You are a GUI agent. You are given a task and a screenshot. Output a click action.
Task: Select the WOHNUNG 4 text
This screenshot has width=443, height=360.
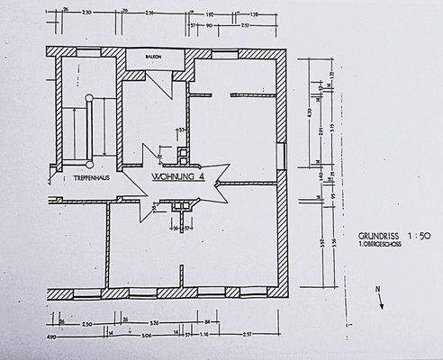[x=179, y=177]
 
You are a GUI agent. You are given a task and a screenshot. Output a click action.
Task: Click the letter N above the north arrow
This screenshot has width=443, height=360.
[x=378, y=287]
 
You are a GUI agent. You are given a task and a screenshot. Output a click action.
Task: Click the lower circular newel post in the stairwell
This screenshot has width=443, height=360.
[x=90, y=166]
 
